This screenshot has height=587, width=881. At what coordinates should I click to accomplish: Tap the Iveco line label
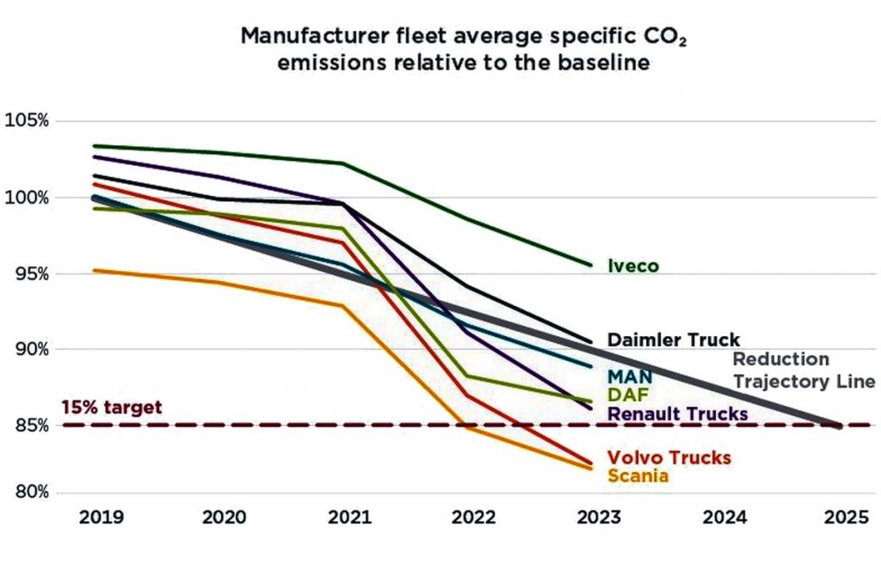(x=634, y=266)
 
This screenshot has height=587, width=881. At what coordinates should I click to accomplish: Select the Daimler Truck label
(x=673, y=339)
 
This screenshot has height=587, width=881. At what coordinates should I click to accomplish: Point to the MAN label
(x=630, y=376)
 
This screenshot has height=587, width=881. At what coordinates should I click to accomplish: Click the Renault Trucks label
(x=677, y=414)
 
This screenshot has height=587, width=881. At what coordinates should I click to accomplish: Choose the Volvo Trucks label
(x=668, y=457)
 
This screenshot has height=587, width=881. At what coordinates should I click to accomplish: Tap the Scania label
(x=638, y=475)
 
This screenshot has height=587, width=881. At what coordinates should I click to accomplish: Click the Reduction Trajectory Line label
(x=803, y=370)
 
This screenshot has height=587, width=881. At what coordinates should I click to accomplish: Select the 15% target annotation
(x=111, y=407)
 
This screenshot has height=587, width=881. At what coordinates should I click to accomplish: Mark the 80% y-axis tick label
(x=30, y=492)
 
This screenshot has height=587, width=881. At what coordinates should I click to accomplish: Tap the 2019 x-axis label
(x=101, y=517)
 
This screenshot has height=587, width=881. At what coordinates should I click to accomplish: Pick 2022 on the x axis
(x=472, y=517)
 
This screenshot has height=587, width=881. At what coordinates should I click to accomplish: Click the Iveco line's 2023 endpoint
(x=590, y=265)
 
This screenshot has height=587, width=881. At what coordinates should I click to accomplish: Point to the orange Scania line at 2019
(x=94, y=271)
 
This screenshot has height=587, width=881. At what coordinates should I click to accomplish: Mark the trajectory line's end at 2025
(x=839, y=425)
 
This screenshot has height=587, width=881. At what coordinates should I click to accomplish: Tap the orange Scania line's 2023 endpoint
(x=591, y=468)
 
